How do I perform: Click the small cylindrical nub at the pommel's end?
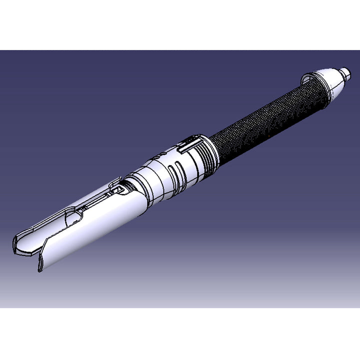[x=344, y=72]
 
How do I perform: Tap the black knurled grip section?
[x=265, y=120]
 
